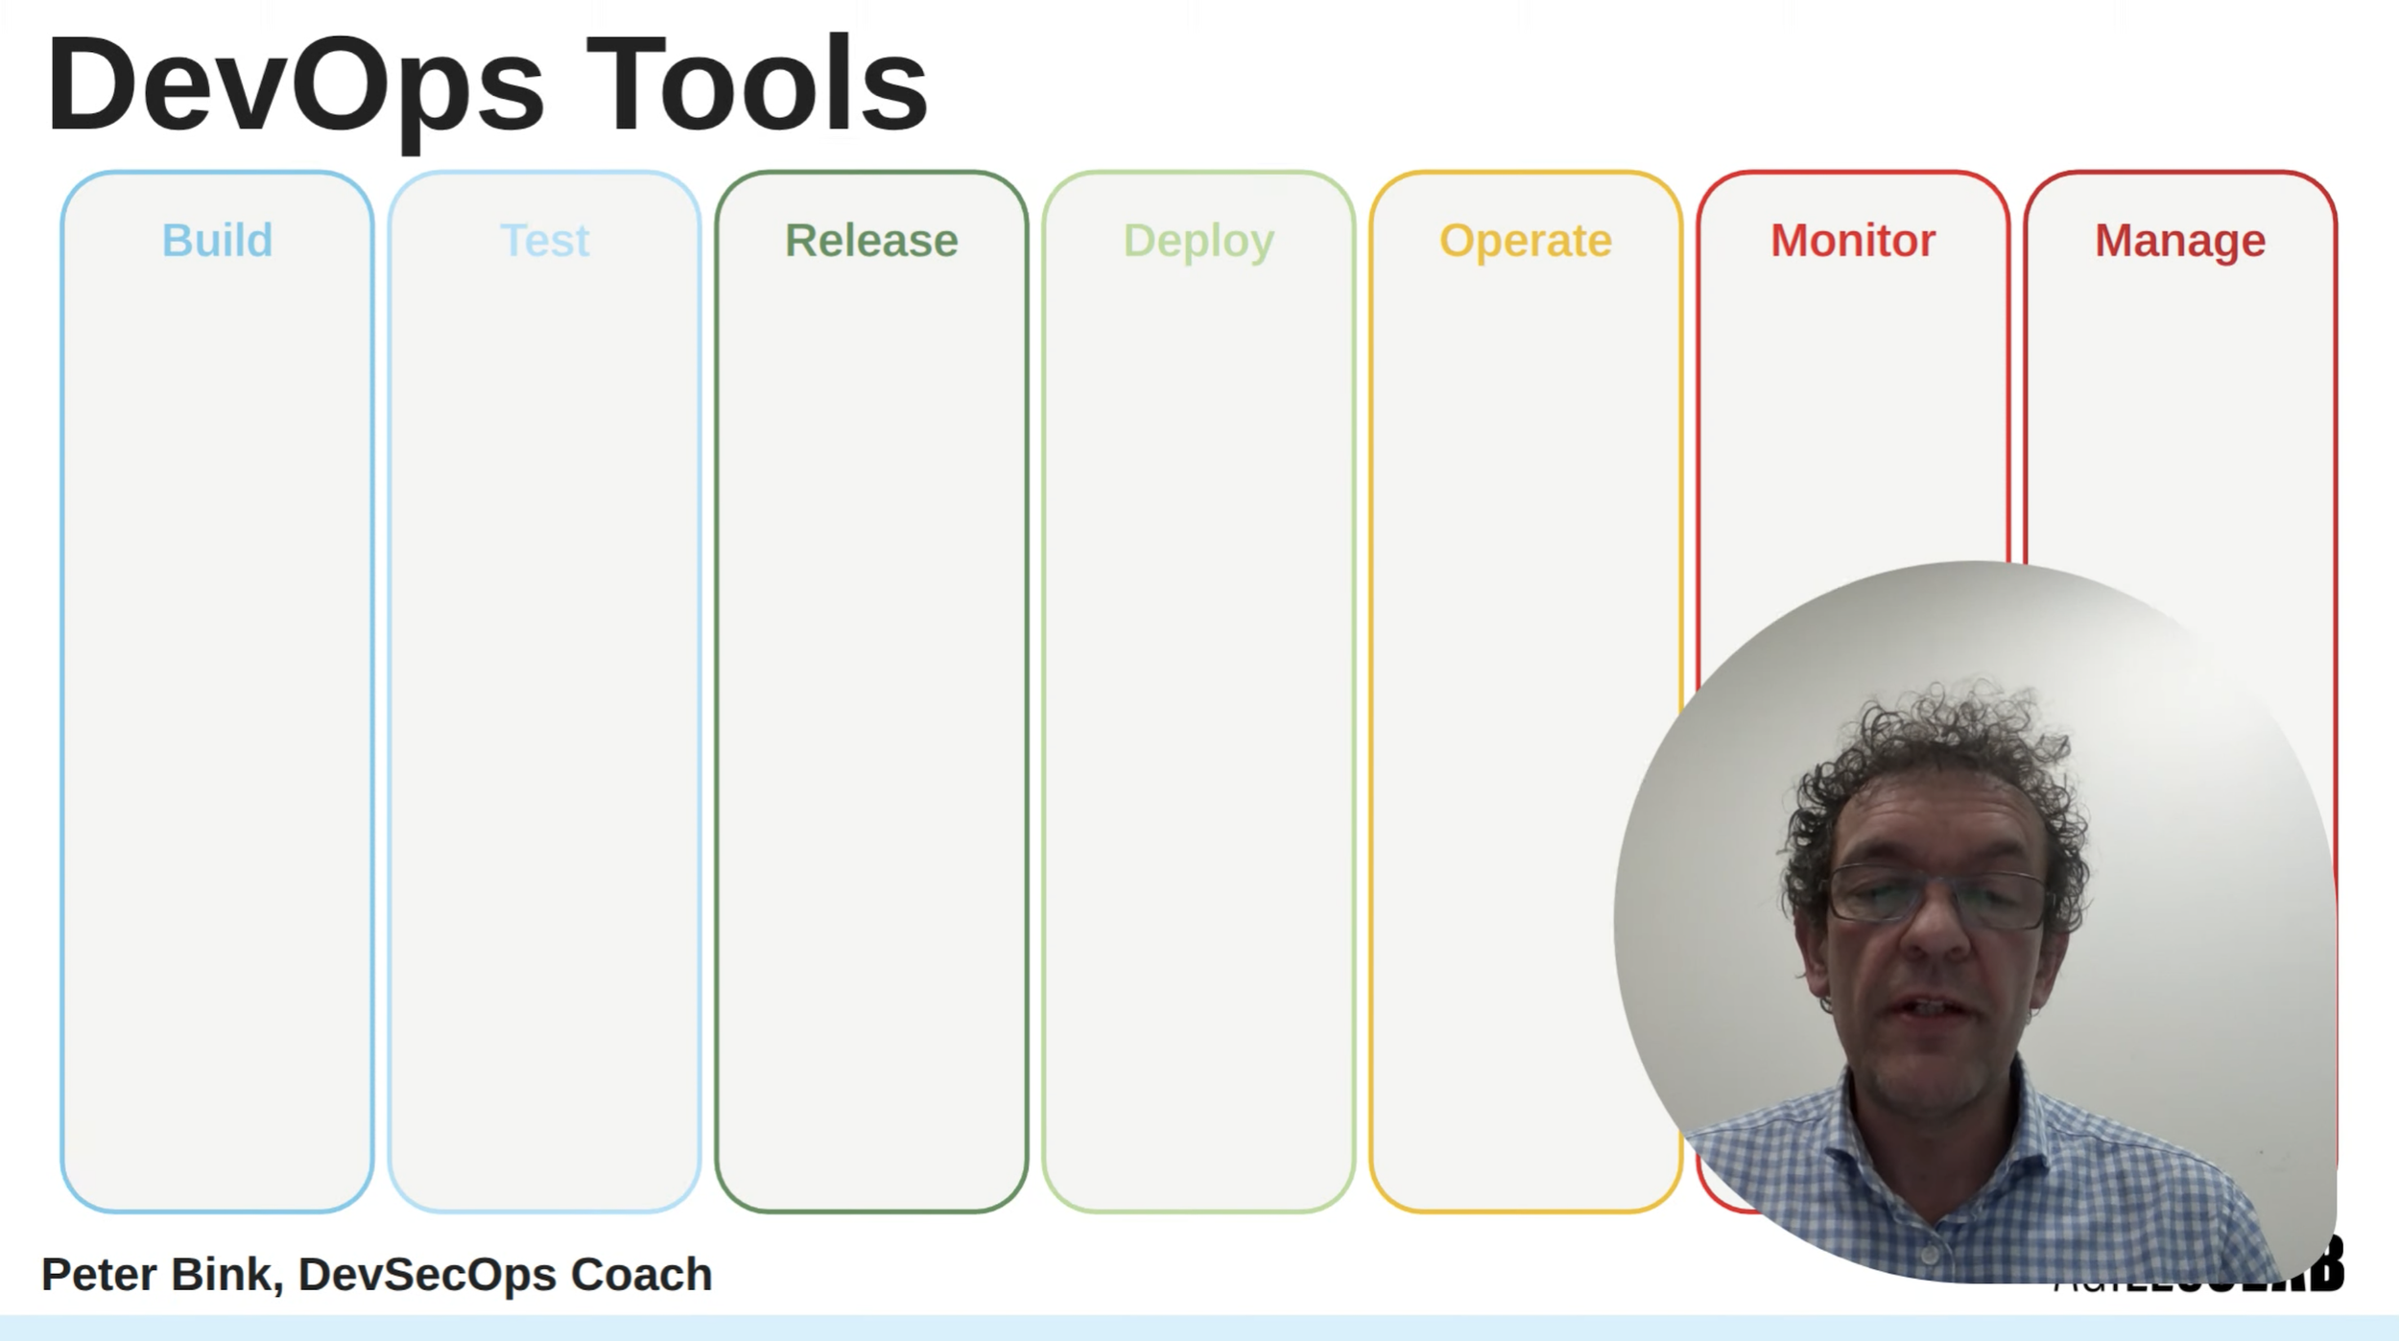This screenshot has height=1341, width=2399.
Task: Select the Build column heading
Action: coord(217,240)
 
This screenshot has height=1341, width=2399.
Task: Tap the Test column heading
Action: coord(544,240)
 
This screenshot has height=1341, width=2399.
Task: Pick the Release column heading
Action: coord(871,240)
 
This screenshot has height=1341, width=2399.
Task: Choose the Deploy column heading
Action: coord(1199,240)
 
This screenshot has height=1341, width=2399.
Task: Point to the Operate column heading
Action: coord(1526,240)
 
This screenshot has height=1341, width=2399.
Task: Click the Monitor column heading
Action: coord(1853,240)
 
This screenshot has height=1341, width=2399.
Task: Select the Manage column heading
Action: coord(2180,240)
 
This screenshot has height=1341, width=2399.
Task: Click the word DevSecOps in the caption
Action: coord(427,1275)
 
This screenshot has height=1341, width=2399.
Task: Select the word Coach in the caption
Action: coord(641,1275)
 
